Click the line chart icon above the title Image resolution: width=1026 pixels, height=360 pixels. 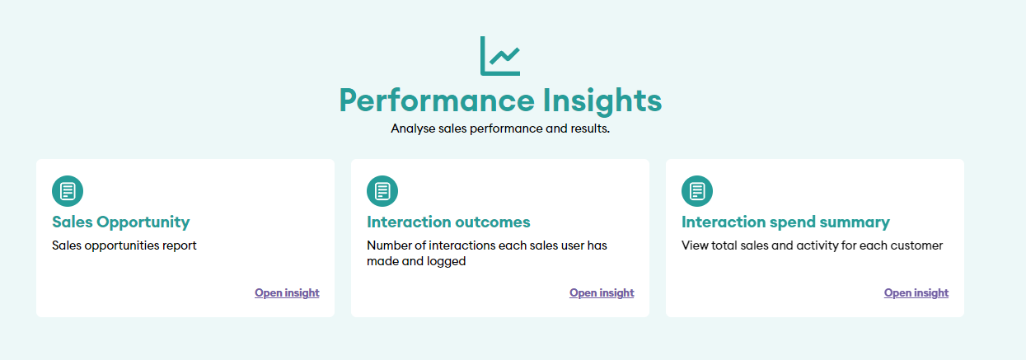pos(499,56)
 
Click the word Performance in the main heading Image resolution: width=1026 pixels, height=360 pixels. pos(437,101)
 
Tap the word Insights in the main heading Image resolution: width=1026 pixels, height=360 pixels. pos(602,101)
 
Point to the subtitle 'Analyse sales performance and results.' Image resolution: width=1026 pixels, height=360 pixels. pos(500,129)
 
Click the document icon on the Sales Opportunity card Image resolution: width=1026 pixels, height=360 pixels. pos(68,191)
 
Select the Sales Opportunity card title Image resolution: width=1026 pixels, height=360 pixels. pos(121,222)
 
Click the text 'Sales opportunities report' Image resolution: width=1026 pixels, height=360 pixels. pos(124,245)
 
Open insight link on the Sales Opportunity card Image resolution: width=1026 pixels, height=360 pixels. pos(287,292)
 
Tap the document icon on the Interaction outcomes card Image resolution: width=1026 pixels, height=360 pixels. pos(382,191)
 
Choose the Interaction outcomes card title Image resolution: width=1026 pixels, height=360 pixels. pos(448,222)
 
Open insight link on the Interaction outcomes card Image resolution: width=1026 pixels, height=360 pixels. pos(602,292)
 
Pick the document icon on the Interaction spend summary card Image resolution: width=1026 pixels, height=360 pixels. pos(697,191)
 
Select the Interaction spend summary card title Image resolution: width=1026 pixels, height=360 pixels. pos(785,222)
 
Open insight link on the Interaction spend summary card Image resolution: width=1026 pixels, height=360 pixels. pos(916,292)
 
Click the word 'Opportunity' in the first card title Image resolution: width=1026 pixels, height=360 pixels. pos(143,222)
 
